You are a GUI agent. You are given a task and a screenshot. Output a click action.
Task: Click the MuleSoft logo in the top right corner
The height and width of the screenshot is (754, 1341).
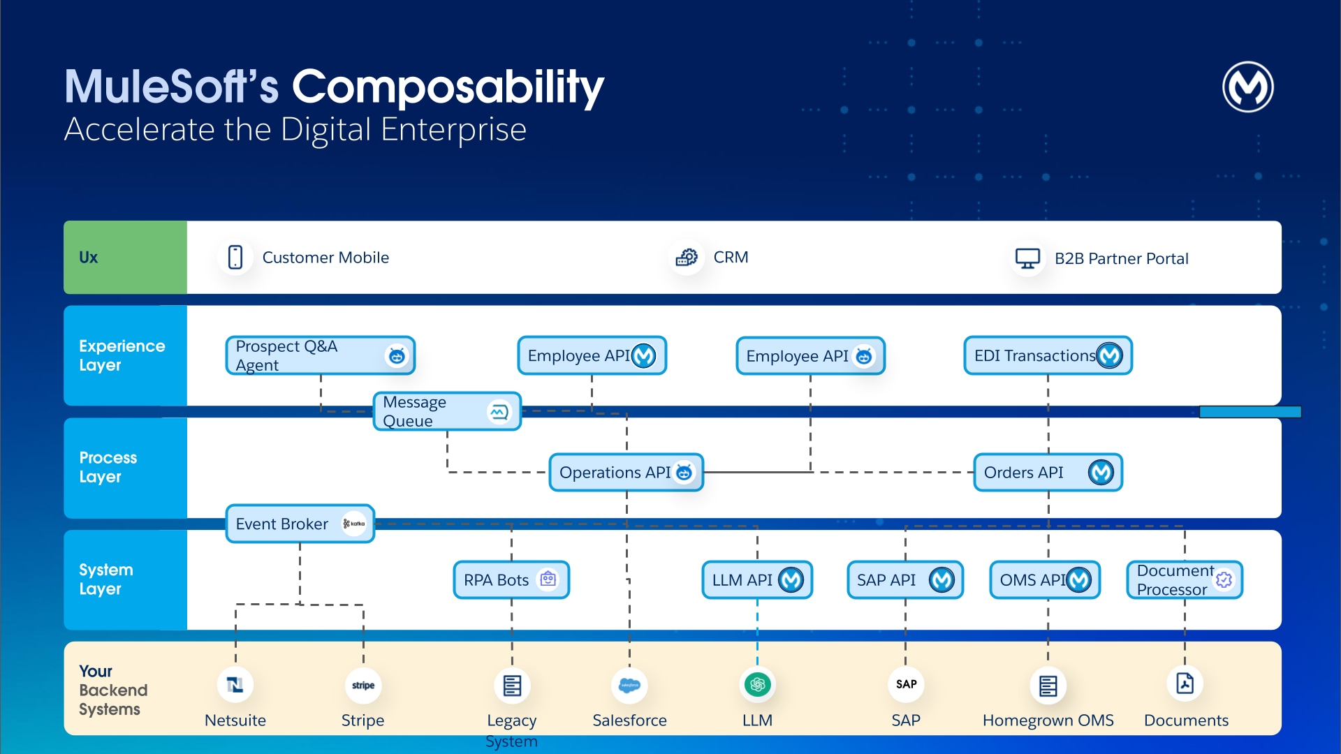[1247, 87]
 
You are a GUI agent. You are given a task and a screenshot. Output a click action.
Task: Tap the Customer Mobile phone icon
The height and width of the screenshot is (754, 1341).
[235, 258]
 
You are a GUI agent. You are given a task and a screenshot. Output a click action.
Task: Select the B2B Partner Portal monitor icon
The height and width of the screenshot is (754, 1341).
[1027, 258]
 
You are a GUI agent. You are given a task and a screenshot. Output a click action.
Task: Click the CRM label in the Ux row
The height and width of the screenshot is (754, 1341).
[731, 258]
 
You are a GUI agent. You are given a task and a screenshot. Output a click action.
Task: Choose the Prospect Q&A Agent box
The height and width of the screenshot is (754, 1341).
[320, 356]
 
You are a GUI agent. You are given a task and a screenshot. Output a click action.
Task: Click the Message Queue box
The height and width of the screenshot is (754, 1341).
[447, 412]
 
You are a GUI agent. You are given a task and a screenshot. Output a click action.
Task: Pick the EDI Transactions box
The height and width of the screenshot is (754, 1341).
[1047, 356]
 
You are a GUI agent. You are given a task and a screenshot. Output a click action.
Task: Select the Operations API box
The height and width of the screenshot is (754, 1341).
[626, 473]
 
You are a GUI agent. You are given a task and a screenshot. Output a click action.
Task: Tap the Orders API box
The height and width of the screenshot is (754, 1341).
[1047, 473]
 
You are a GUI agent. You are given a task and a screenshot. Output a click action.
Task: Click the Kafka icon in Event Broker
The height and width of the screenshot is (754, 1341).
[354, 524]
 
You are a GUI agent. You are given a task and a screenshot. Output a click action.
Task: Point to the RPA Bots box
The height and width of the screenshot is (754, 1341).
[511, 580]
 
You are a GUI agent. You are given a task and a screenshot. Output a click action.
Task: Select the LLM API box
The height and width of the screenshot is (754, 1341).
[757, 580]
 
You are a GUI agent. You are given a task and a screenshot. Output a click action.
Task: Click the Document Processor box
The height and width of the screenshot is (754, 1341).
[1185, 580]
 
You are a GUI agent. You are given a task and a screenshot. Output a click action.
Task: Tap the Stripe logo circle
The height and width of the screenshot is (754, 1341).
[363, 685]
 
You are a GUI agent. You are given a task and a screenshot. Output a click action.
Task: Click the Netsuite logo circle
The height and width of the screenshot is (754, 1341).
[235, 685]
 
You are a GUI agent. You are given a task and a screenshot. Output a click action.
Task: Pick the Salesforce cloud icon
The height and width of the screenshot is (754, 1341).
[629, 685]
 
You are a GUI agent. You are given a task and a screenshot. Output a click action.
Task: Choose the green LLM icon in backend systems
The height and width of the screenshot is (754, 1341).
[757, 685]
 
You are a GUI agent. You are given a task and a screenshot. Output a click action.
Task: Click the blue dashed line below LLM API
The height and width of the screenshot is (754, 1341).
[757, 632]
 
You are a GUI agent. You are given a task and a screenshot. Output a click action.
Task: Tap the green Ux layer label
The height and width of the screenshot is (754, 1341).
[125, 258]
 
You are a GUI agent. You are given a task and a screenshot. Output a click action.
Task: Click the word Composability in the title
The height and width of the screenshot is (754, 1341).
[447, 87]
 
